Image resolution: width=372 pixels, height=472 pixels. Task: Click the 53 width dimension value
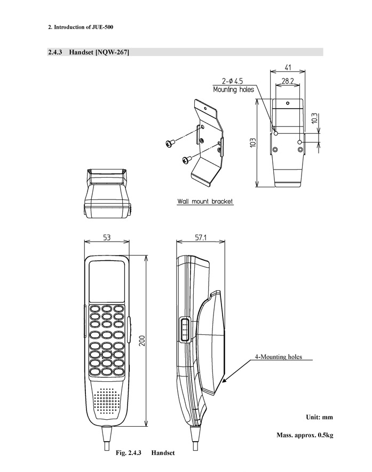(x=107, y=237)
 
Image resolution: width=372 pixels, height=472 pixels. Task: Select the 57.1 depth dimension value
(x=201, y=237)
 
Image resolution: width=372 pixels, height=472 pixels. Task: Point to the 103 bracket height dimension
(x=253, y=143)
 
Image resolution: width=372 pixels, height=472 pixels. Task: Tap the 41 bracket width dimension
(x=287, y=68)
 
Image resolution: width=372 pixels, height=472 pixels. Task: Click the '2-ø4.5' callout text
(x=233, y=82)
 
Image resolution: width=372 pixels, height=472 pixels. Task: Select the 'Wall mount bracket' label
(x=205, y=202)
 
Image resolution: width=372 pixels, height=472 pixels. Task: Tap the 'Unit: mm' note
(x=320, y=417)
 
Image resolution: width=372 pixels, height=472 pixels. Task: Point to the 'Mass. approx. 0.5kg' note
(x=305, y=435)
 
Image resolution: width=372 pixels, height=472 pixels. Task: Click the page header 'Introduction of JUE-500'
(x=83, y=26)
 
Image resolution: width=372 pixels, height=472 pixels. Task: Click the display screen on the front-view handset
(x=107, y=282)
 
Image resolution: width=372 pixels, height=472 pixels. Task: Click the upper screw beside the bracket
(x=170, y=142)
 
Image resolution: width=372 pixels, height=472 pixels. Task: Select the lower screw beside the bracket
(x=186, y=158)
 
